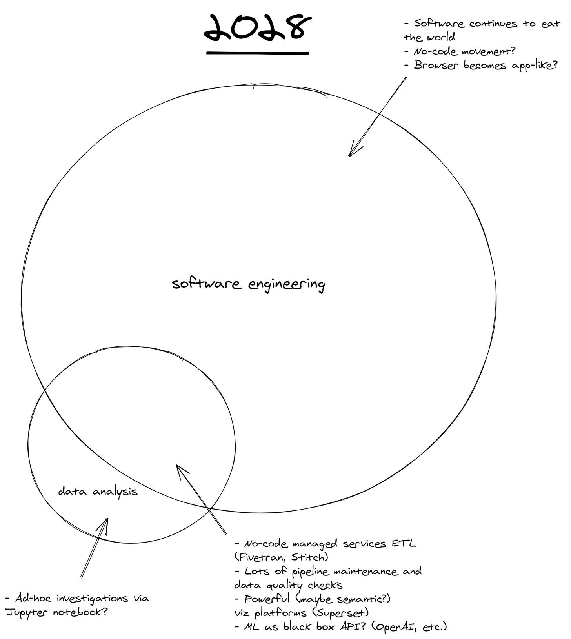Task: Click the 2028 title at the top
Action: pyautogui.click(x=258, y=28)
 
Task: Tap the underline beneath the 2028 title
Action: pyautogui.click(x=258, y=53)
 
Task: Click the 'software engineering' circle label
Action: pyautogui.click(x=248, y=284)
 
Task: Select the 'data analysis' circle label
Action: pyautogui.click(x=98, y=492)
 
